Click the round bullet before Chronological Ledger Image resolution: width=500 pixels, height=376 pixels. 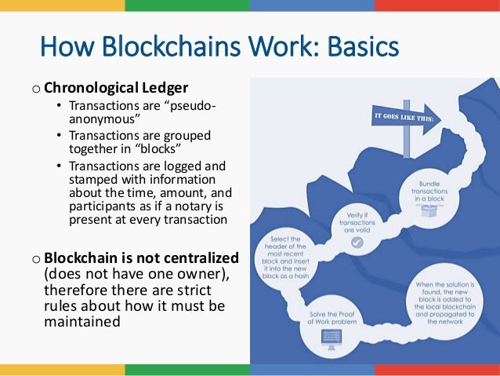point(36,86)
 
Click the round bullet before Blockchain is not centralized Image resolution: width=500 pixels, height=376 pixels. point(36,258)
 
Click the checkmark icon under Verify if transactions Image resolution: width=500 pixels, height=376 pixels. point(357,242)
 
